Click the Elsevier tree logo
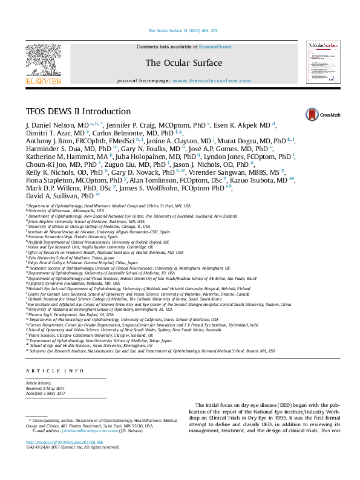coord(44,61)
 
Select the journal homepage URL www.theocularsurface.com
coord(204,80)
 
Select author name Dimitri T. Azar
coord(46,132)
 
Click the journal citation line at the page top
coord(183,30)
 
